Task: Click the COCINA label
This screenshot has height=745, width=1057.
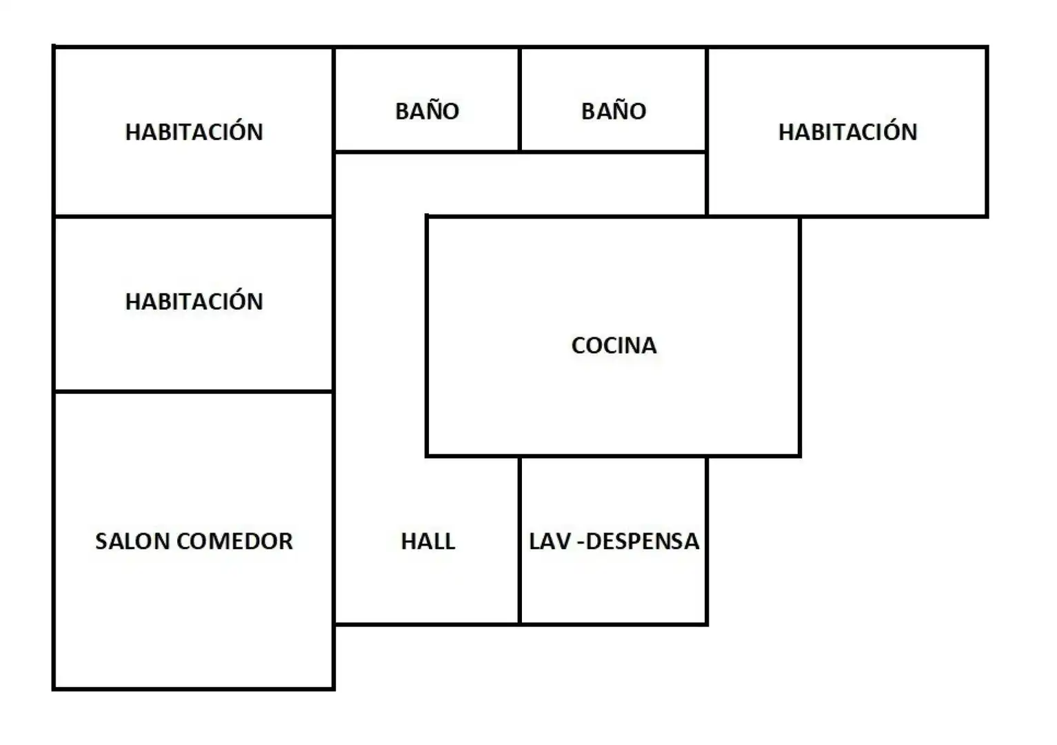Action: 614,346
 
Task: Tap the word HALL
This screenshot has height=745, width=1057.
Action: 428,542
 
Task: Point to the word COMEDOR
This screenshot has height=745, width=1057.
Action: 234,542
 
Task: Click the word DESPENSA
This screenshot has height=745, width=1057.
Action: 642,542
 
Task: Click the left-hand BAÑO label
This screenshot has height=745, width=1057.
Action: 427,110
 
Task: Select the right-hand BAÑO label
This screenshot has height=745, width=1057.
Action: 614,110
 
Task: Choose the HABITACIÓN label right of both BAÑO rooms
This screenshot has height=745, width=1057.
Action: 847,131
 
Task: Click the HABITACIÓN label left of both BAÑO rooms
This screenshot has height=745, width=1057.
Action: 194,131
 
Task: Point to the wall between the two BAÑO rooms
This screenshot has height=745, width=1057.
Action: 519,99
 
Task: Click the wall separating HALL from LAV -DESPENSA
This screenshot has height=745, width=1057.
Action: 519,540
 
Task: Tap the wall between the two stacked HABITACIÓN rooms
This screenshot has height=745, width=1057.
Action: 194,217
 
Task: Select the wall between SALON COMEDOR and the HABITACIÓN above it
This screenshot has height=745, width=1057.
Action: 194,391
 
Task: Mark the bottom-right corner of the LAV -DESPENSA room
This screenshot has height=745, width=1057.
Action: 707,624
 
